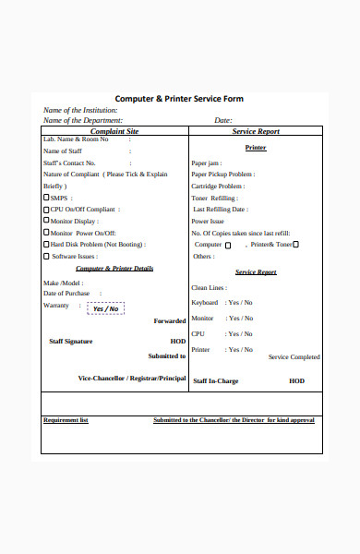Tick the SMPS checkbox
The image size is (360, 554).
[x=47, y=197]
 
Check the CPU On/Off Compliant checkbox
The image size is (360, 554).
[x=47, y=209]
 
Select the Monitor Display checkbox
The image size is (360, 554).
[x=47, y=221]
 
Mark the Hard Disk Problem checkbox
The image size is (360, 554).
[x=47, y=244]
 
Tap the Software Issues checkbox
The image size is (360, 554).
[x=47, y=256]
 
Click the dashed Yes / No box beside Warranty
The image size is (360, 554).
[x=105, y=308]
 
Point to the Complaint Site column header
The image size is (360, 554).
[x=114, y=131]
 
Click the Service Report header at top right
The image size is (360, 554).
[x=257, y=131]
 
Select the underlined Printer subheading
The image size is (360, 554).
[x=256, y=147]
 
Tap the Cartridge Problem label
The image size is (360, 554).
[x=218, y=186]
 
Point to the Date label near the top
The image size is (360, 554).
[x=222, y=120]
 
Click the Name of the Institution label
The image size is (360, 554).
[x=80, y=110]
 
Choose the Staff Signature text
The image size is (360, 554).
[x=70, y=342]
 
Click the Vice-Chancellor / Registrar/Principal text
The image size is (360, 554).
[x=132, y=379]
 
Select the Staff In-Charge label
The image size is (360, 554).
[x=216, y=379]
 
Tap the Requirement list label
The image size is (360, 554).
[x=66, y=420]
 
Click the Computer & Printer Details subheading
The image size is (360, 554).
[x=114, y=269]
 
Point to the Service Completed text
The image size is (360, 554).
[x=294, y=356]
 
